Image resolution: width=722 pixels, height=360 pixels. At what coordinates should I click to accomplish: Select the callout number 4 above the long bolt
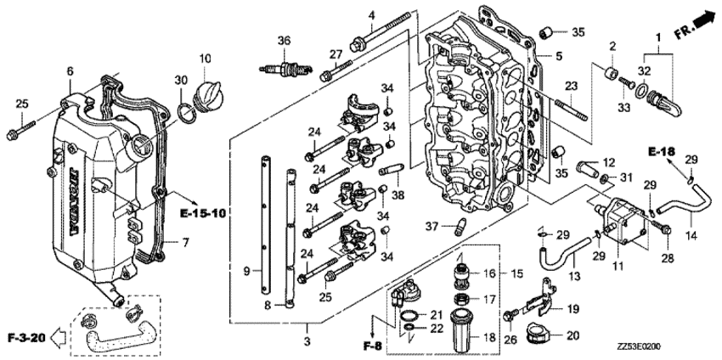371,15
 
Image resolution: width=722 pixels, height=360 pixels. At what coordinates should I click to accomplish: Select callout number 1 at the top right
657,37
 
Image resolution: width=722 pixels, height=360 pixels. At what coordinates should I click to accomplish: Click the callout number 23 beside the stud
571,86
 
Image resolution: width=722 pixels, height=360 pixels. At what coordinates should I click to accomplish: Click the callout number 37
431,226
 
